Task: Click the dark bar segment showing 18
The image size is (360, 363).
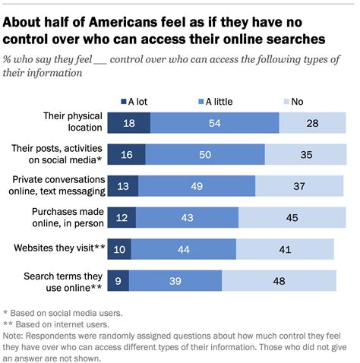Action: click(128, 123)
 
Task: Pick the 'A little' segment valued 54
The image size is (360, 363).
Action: click(215, 123)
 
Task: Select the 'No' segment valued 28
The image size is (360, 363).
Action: click(312, 123)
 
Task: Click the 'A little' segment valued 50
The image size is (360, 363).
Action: click(205, 154)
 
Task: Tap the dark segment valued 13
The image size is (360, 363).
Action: click(122, 186)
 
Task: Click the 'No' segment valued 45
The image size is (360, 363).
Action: click(292, 217)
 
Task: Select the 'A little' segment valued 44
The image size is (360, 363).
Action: click(183, 248)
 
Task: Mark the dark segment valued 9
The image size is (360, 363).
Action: click(118, 279)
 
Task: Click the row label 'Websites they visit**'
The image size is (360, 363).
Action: click(57, 248)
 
